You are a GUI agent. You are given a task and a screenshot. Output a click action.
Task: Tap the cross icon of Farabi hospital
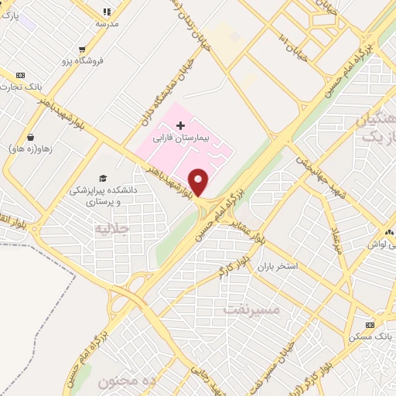[181, 125]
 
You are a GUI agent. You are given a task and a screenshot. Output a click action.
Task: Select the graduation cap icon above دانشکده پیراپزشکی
[103, 179]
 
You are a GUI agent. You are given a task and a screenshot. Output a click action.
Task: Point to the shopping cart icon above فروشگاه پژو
[81, 49]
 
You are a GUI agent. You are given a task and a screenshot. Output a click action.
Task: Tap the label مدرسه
[107, 24]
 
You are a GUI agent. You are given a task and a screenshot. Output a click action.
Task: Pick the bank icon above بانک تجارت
[20, 75]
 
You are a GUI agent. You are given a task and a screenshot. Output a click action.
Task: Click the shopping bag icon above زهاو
[30, 136]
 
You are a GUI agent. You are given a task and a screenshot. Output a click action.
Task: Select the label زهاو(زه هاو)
[30, 148]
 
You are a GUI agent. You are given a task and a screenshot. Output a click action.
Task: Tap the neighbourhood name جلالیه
[110, 229]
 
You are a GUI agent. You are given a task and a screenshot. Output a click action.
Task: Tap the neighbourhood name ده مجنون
[127, 381]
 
